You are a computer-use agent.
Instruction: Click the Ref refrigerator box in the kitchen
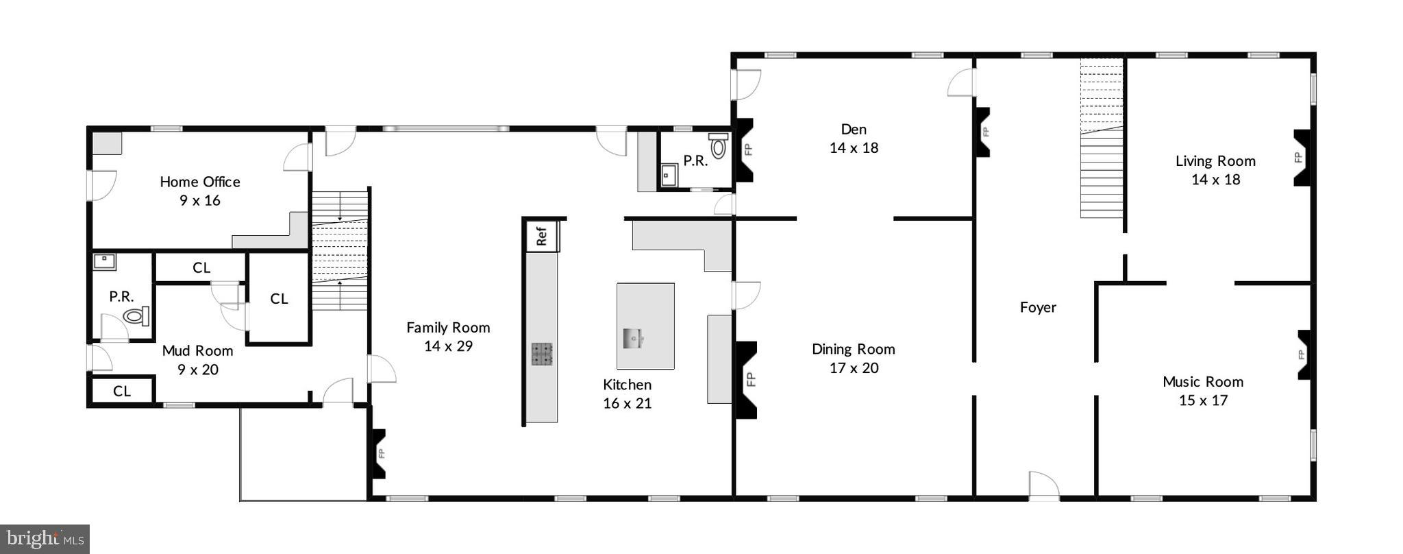[x=542, y=236]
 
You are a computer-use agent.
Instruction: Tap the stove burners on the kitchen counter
[x=542, y=353]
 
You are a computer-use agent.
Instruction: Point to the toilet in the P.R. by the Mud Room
[x=136, y=316]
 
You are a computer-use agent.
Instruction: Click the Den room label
[x=854, y=130]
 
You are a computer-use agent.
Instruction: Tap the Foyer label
[x=1038, y=307]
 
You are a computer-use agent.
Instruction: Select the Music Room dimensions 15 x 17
[x=1203, y=400]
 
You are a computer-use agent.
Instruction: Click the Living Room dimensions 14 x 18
[x=1215, y=180]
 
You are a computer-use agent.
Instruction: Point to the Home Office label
[x=200, y=182]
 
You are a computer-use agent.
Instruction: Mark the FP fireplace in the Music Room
[x=1304, y=354]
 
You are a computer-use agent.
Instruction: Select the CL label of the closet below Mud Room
[x=122, y=391]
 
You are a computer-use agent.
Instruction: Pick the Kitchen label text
[x=627, y=385]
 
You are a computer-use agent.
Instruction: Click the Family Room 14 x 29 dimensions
[x=448, y=346]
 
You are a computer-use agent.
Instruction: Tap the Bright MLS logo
[x=45, y=539]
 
